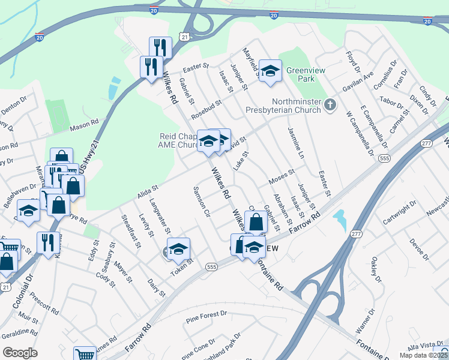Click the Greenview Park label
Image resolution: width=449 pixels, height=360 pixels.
click(306, 74)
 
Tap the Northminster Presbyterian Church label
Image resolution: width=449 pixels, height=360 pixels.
click(296, 106)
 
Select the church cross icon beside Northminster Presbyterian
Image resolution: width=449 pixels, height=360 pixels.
click(330, 106)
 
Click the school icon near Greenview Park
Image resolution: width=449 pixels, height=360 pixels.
click(270, 71)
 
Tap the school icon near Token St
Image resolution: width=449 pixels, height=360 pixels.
click(178, 248)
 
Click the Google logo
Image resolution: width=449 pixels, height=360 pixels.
click(19, 352)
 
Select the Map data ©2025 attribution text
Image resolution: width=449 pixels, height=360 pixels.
click(424, 355)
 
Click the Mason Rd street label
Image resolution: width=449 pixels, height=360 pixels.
click(83, 125)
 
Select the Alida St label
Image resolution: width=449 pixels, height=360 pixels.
click(146, 190)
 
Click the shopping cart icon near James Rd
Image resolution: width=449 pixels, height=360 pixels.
click(84, 354)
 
